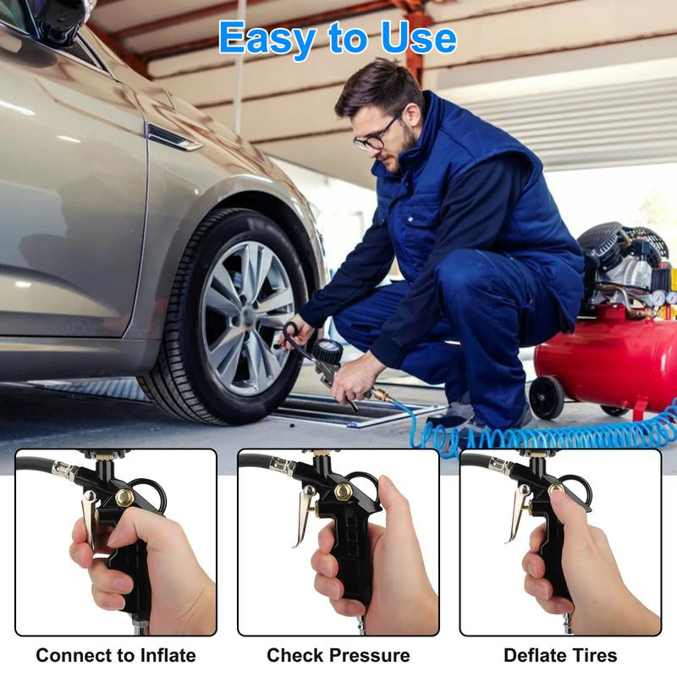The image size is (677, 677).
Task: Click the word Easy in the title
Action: tap(270, 38)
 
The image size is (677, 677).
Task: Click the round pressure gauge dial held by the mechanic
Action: tap(327, 351)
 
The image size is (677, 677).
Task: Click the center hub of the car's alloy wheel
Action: tap(247, 316)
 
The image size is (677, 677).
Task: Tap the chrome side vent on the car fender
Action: tap(173, 137)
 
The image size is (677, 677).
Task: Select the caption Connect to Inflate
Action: tap(116, 655)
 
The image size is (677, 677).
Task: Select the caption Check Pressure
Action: tap(338, 655)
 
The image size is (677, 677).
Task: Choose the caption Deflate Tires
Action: tap(560, 655)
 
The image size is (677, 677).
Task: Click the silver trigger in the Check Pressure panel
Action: tap(305, 516)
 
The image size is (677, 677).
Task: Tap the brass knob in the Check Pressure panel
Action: tap(343, 492)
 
